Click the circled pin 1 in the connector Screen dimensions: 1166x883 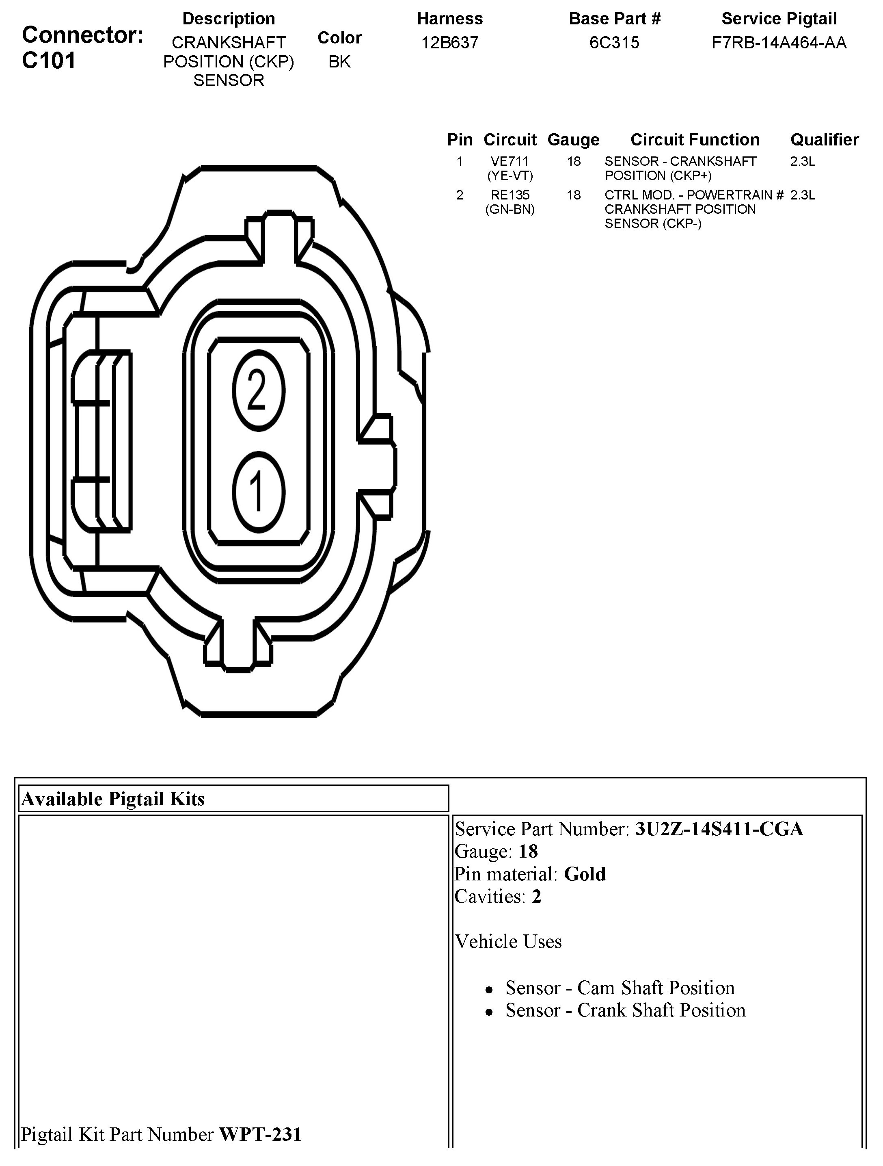point(258,492)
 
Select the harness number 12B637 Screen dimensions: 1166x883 point(449,43)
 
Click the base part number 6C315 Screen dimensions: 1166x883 point(614,43)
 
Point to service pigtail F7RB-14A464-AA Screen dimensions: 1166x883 point(779,43)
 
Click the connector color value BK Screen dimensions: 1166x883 point(339,62)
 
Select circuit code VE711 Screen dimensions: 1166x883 point(510,161)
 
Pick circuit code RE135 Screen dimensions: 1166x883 point(510,195)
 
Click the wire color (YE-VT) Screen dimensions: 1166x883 point(510,176)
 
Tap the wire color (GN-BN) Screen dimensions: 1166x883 point(510,209)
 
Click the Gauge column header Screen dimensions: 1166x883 point(573,140)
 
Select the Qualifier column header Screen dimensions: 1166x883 point(824,140)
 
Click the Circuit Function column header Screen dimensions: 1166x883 point(695,140)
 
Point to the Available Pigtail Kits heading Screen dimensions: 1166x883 point(113,799)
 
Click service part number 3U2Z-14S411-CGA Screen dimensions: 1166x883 point(719,829)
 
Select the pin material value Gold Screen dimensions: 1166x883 point(585,874)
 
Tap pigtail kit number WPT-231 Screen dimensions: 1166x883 point(260,1134)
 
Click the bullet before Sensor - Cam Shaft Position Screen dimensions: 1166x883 point(490,990)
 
